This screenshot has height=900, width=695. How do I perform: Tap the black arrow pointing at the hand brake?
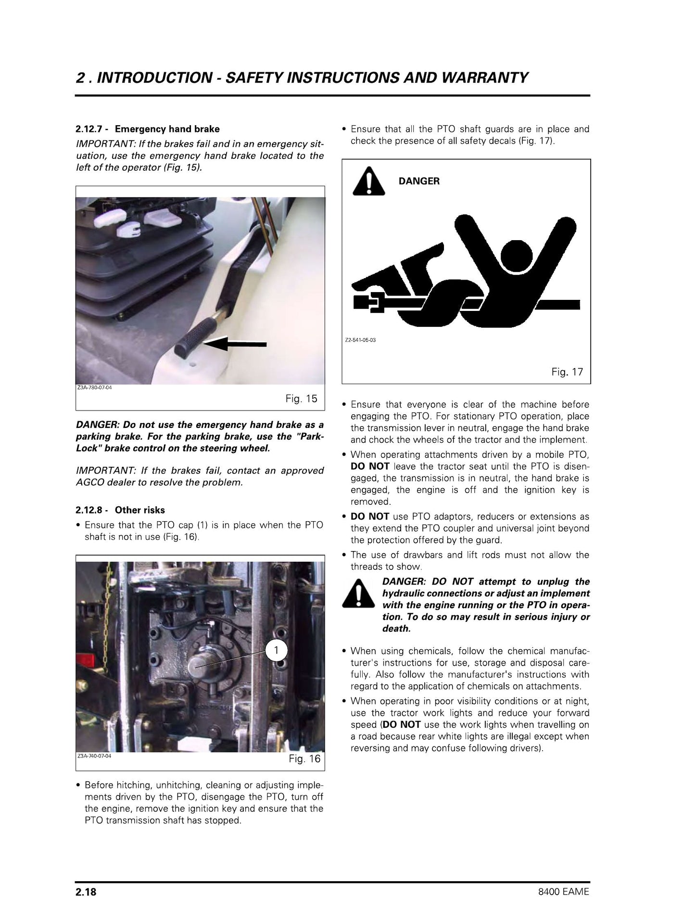pyautogui.click(x=235, y=344)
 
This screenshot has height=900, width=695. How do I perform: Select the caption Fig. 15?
pyautogui.click(x=302, y=399)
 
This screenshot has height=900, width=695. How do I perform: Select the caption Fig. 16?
pyautogui.click(x=304, y=759)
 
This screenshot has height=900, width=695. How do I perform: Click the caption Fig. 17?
pyautogui.click(x=567, y=372)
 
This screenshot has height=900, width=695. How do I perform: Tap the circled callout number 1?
pyautogui.click(x=276, y=651)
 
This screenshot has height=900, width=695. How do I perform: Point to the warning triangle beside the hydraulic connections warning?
pyautogui.click(x=358, y=593)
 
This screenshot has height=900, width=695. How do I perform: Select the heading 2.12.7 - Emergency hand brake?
pyautogui.click(x=148, y=129)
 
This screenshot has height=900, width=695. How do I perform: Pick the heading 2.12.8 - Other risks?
pyautogui.click(x=120, y=510)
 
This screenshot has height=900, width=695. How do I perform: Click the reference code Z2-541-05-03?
pyautogui.click(x=361, y=340)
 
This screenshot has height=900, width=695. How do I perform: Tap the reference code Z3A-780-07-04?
pyautogui.click(x=94, y=387)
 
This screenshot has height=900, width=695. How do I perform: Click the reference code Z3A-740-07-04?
pyautogui.click(x=94, y=756)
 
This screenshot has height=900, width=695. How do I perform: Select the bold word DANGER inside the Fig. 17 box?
pyautogui.click(x=419, y=181)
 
